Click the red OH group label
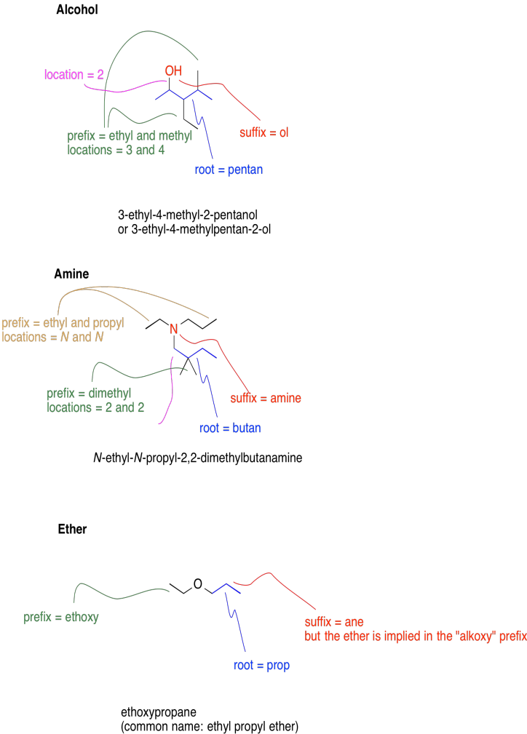(173, 71)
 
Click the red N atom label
(173, 330)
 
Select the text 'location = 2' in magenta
(74, 75)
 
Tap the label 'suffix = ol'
(264, 132)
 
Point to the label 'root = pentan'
(229, 170)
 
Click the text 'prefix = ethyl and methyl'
(130, 136)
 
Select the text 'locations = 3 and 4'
(116, 150)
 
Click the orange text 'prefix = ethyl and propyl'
(63, 323)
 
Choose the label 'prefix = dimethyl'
(89, 394)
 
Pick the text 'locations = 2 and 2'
(95, 407)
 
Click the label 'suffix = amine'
(266, 399)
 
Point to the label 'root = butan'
(230, 428)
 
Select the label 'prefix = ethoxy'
(61, 618)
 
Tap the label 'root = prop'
(261, 666)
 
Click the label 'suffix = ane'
(334, 622)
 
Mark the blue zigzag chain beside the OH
(189, 95)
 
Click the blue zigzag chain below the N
(194, 353)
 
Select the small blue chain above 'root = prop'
(226, 588)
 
